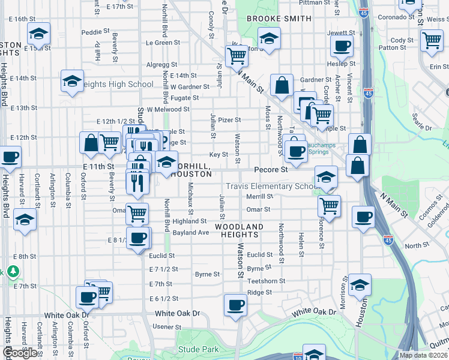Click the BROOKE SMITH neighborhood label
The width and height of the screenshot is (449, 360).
pyautogui.click(x=279, y=19)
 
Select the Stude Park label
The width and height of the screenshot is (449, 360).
pyautogui.click(x=198, y=349)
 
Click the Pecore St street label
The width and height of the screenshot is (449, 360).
pyautogui.click(x=271, y=170)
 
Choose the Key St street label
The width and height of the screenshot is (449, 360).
pyautogui.click(x=218, y=154)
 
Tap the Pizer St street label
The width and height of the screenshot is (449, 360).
pyautogui.click(x=229, y=120)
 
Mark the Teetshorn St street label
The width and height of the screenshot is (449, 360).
pyautogui.click(x=266, y=281)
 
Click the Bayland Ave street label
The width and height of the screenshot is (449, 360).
pyautogui.click(x=190, y=232)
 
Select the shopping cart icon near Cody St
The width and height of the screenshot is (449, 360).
pyautogui.click(x=432, y=41)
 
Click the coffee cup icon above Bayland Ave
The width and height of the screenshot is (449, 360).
pyautogui.click(x=137, y=238)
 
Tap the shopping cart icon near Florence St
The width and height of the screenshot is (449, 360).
pyautogui.click(x=329, y=205)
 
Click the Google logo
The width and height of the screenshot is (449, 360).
pyautogui.click(x=20, y=353)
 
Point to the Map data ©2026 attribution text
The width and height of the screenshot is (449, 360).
pyautogui.click(x=423, y=355)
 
